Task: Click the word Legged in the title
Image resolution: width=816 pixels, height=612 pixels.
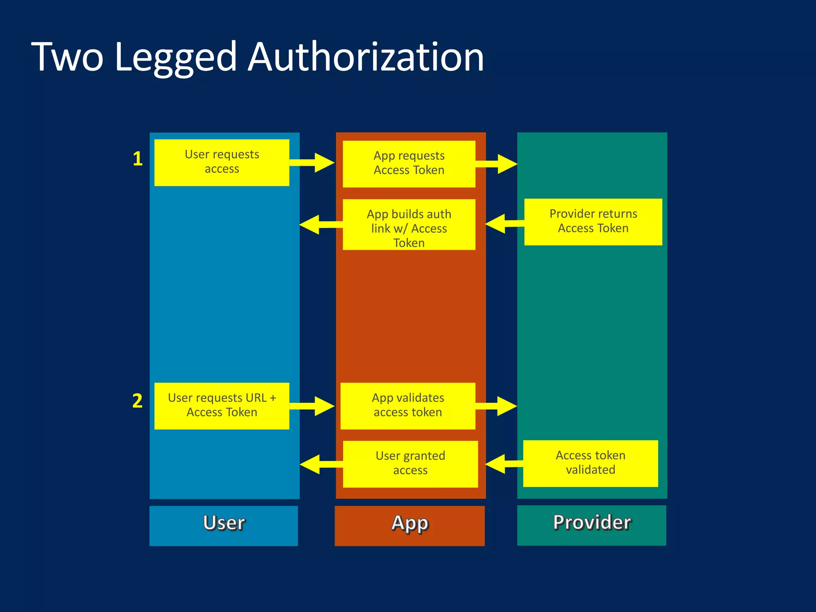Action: tap(175, 58)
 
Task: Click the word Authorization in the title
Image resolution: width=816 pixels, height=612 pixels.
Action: tap(365, 58)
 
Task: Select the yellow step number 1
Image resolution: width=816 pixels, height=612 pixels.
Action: tap(137, 159)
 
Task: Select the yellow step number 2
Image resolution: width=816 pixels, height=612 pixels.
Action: tap(137, 400)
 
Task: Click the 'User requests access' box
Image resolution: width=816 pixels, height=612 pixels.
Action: tap(222, 162)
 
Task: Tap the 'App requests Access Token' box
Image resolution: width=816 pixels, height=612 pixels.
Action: tap(409, 163)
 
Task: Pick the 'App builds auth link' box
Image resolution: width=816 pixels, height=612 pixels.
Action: tap(409, 225)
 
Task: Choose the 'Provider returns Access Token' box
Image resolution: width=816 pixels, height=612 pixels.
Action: tap(593, 222)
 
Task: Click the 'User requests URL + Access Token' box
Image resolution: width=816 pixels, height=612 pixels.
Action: tap(222, 406)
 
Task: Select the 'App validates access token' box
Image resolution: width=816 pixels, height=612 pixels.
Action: tap(408, 406)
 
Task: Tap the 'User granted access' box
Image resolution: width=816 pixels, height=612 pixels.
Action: tap(410, 463)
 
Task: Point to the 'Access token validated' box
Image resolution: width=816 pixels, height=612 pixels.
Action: tap(590, 463)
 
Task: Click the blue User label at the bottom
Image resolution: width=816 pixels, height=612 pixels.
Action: tap(224, 525)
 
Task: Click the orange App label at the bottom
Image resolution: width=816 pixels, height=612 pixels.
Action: tap(410, 525)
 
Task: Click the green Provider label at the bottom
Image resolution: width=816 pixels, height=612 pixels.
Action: tap(591, 525)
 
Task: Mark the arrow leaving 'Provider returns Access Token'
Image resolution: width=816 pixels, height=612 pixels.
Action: tap(504, 224)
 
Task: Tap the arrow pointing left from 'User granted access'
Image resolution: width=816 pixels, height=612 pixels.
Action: tap(320, 464)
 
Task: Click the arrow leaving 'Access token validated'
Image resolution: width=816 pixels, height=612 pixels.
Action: tap(503, 464)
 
